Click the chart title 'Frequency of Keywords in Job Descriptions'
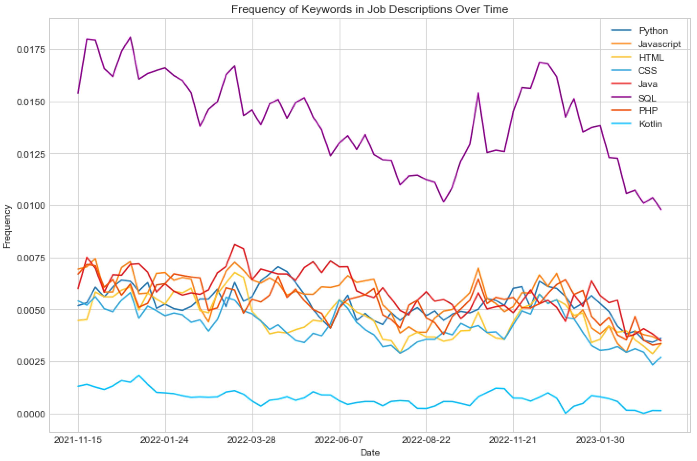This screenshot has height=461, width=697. [369, 9]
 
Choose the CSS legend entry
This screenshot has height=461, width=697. [647, 71]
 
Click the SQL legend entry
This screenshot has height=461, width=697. [647, 98]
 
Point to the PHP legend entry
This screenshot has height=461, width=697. [648, 110]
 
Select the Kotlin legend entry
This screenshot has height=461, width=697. [650, 124]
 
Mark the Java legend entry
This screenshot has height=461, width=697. [648, 84]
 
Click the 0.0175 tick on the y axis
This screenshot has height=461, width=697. [31, 49]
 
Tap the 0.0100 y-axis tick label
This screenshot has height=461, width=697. [31, 205]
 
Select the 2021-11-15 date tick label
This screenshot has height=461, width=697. [78, 440]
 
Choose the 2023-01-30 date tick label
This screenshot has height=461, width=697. [600, 440]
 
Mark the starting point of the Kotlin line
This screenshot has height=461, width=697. [78, 386]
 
